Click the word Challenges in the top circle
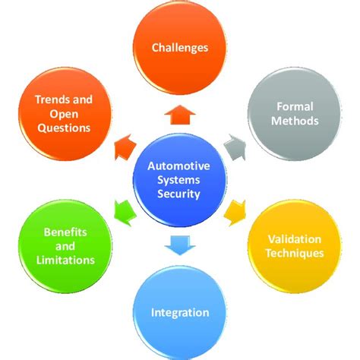pyautogui.click(x=180, y=48)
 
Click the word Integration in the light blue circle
pyautogui.click(x=180, y=312)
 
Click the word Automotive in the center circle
pyautogui.click(x=180, y=165)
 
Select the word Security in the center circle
pyautogui.click(x=180, y=194)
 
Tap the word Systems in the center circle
pyautogui.click(x=180, y=179)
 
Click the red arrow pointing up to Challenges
pyautogui.click(x=180, y=114)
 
